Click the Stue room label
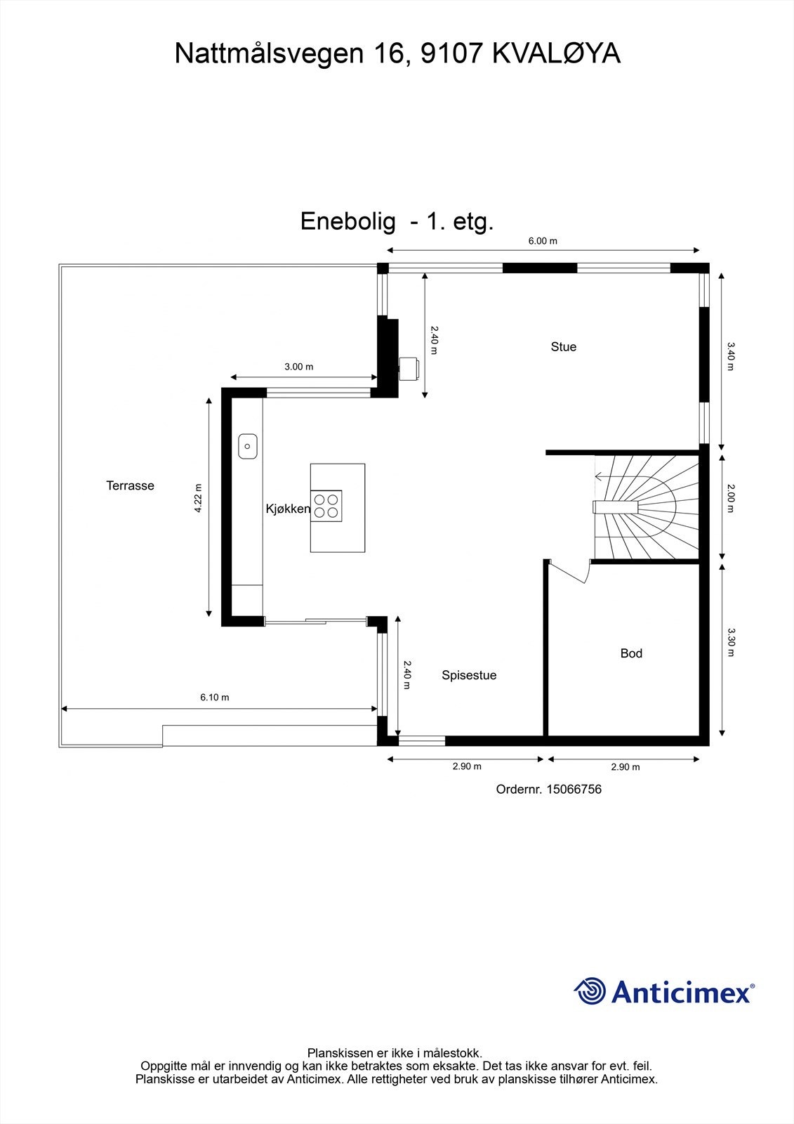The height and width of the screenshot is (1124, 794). [x=563, y=347]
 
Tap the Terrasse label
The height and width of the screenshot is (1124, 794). [x=130, y=485]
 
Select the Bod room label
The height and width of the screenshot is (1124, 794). [x=631, y=653]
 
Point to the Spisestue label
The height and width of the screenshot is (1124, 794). [x=469, y=675]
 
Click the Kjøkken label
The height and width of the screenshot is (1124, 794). [x=288, y=509]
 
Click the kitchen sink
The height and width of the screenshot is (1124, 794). [x=247, y=446]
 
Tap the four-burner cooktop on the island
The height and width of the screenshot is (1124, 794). [x=326, y=506]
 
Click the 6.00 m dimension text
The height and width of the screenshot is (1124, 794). [x=543, y=241]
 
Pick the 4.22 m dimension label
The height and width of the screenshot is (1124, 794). [x=198, y=498]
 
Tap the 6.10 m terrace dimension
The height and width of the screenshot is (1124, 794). [x=215, y=697]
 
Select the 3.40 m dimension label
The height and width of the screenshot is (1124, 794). [x=730, y=356]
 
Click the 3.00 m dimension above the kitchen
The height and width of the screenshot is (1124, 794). [x=299, y=367]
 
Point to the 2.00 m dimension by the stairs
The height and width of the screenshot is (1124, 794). [x=730, y=498]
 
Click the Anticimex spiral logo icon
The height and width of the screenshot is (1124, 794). [x=589, y=991]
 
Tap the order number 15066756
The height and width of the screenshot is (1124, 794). [x=574, y=790]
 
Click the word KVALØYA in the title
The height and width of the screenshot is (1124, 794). [x=556, y=53]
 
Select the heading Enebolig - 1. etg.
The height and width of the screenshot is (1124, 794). [x=397, y=221]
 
